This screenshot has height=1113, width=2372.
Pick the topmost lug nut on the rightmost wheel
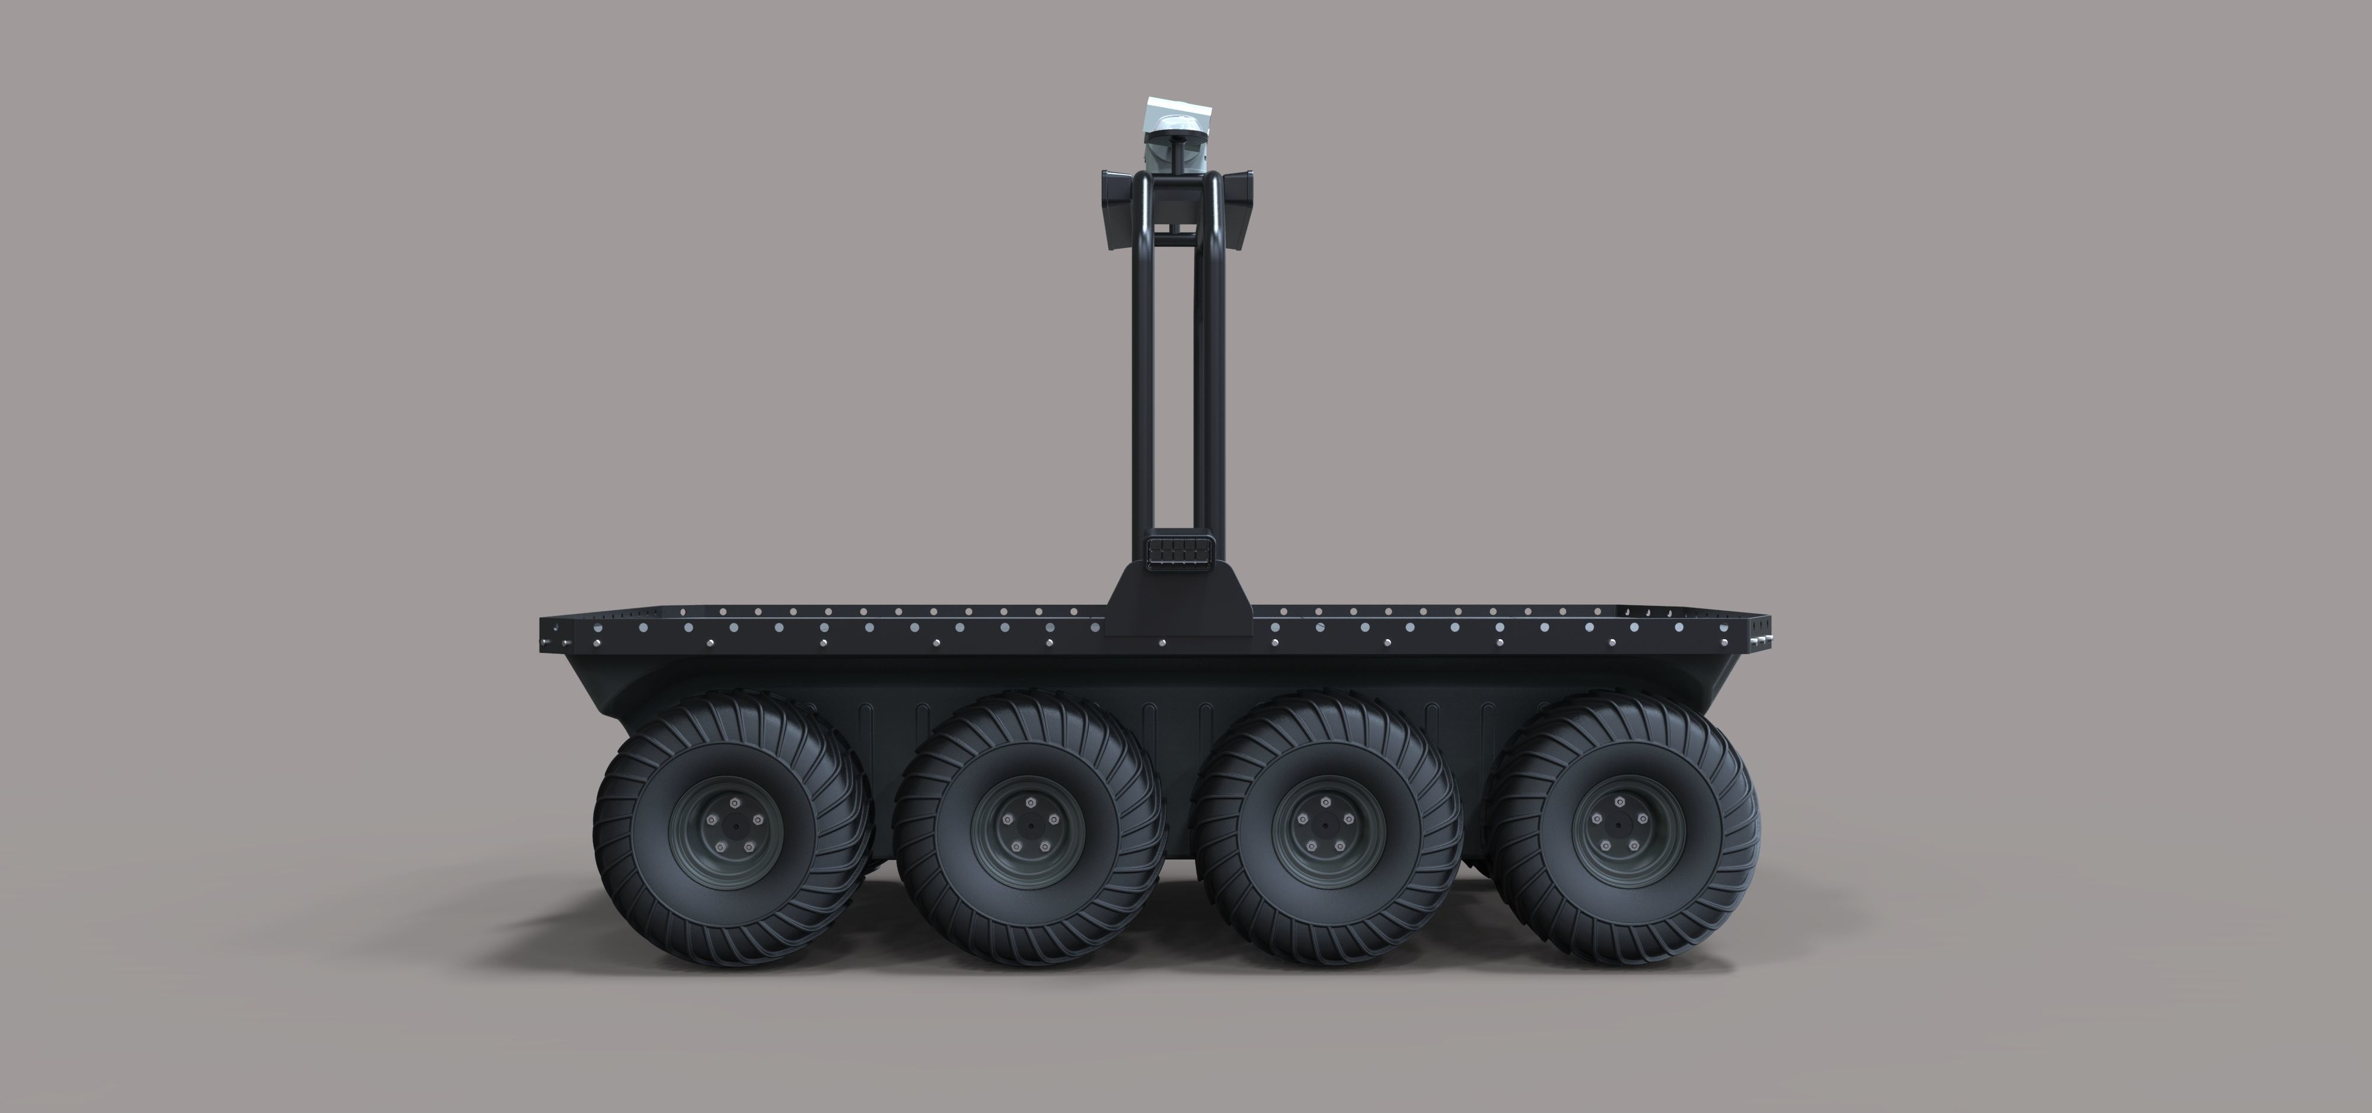tap(1621, 803)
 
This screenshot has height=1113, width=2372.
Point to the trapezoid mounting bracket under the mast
tap(1179, 603)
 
